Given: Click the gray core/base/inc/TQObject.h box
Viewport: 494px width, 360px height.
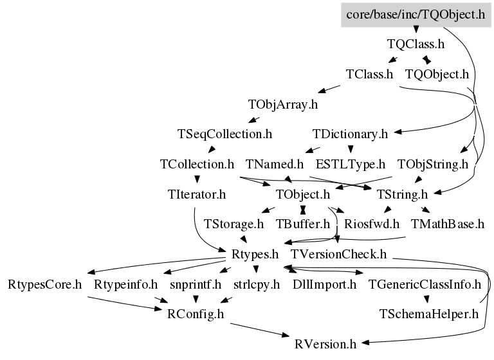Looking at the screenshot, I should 415,14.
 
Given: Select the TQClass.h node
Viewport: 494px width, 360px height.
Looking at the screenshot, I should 416,44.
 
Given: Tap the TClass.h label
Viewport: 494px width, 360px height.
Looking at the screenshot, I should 369,74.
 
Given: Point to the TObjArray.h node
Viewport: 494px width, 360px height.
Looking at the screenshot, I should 283,104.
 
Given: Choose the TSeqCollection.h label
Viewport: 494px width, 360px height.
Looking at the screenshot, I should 224,134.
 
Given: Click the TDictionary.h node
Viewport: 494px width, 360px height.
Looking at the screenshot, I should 350,134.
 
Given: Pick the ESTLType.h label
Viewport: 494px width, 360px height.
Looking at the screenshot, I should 350,164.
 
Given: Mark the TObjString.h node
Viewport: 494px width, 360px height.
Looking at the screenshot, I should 432,164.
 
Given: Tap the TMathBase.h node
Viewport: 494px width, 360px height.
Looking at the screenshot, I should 447,224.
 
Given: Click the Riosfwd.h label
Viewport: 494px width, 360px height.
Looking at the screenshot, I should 372,224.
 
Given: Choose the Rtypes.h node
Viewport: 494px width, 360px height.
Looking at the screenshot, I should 250,254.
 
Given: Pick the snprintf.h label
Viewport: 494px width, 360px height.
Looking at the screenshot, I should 196,283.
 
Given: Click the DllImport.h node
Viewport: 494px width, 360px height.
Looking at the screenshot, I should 324,283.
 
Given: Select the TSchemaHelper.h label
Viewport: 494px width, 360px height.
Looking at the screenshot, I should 429,314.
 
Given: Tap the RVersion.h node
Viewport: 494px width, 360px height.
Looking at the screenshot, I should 325,344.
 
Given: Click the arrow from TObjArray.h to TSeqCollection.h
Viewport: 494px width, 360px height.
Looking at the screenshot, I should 254,119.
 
